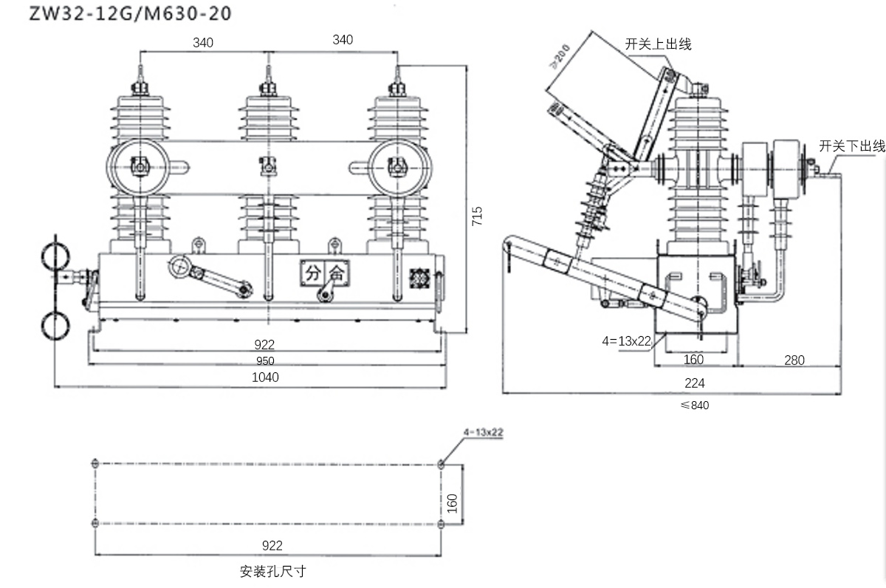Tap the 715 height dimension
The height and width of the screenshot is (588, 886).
(x=477, y=216)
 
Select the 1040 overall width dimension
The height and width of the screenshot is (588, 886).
(x=266, y=377)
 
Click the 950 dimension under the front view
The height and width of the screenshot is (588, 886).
(x=266, y=360)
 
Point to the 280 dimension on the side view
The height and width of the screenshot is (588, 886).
(x=794, y=360)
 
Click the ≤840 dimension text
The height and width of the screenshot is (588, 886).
(x=694, y=405)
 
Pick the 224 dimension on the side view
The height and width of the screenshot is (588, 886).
(x=694, y=383)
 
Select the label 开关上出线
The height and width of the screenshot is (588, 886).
(x=658, y=44)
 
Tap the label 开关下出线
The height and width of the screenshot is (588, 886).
(x=851, y=146)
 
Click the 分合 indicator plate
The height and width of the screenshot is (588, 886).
(x=325, y=273)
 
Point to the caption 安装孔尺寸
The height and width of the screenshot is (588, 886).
(x=272, y=571)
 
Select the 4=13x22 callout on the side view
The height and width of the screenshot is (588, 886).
(x=626, y=341)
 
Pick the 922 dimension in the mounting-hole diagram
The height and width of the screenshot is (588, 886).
(x=272, y=546)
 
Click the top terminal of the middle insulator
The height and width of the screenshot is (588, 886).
(x=268, y=75)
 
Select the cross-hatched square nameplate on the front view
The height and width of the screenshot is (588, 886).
(x=419, y=277)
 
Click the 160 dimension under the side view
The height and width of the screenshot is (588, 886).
(x=693, y=360)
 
